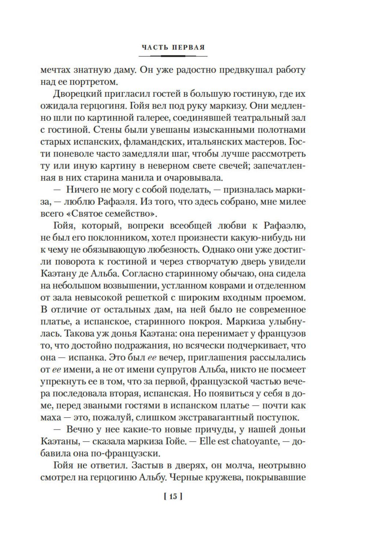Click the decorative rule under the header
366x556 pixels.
click(x=173, y=56)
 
